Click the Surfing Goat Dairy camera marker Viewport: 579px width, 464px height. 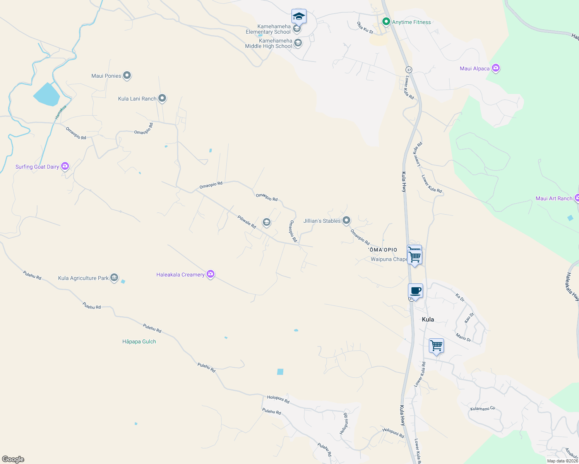(65, 166)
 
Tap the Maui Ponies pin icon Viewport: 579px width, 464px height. (127, 76)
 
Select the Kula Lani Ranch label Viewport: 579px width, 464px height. (137, 99)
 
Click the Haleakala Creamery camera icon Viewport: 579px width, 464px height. (211, 274)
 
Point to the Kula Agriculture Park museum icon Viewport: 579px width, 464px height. (114, 278)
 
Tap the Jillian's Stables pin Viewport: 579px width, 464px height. (346, 220)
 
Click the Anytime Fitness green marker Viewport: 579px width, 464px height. (386, 22)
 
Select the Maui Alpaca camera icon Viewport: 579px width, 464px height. (496, 68)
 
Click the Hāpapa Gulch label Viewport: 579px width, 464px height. (139, 341)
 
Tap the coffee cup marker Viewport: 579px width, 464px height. (415, 291)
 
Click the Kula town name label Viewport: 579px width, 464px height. (428, 319)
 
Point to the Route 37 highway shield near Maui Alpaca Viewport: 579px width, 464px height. (409, 70)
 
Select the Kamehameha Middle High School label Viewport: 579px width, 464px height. (269, 43)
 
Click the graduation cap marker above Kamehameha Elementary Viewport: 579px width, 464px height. (299, 16)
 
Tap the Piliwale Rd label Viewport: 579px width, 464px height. (247, 222)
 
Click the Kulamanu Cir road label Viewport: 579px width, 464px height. (483, 409)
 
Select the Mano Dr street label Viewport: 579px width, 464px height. (463, 337)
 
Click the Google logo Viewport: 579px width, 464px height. (13, 459)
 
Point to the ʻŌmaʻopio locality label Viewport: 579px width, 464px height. (383, 250)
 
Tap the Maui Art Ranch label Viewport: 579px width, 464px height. (553, 198)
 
